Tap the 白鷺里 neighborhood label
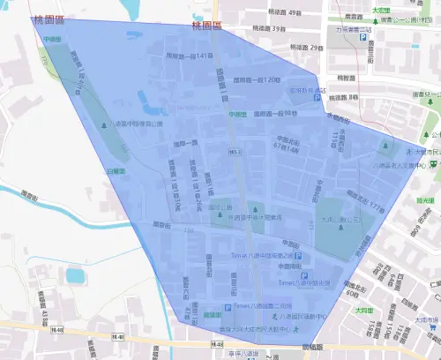(x=116, y=169)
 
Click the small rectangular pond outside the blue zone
(x=74, y=276)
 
